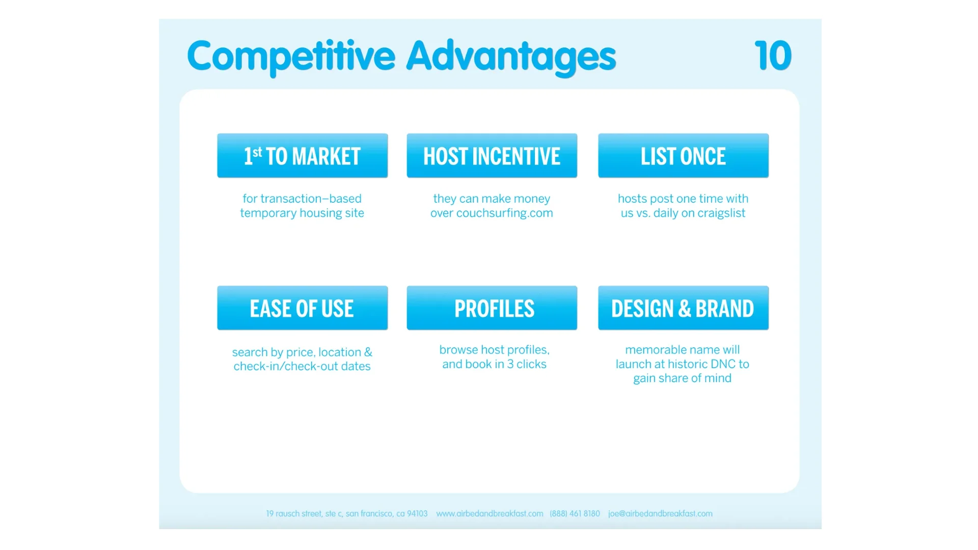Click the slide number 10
773,56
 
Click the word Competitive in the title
291,57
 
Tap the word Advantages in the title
511,57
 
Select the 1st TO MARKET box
303,156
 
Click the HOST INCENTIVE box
492,156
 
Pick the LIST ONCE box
684,156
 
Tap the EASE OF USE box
303,308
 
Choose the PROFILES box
492,308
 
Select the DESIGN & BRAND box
684,308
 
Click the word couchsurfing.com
505,213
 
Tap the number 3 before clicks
510,364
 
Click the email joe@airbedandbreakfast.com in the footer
660,514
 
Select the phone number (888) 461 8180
575,514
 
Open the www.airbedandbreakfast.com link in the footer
490,514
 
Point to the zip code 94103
417,514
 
